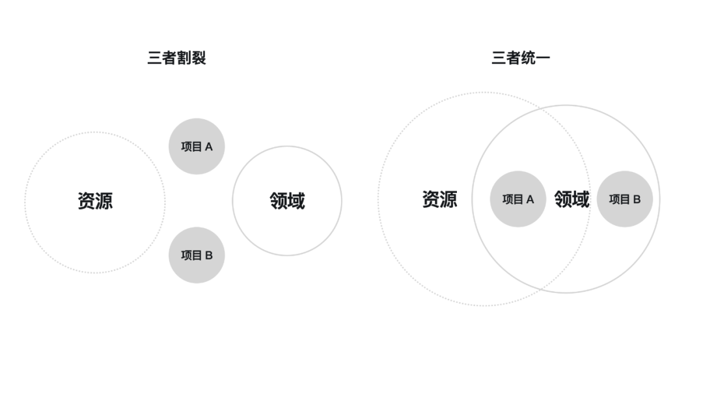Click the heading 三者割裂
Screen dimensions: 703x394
click(x=176, y=58)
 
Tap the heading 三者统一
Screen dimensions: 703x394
click(x=520, y=58)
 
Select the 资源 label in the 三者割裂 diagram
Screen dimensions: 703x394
click(x=95, y=201)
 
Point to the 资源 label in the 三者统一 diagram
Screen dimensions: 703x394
click(x=439, y=199)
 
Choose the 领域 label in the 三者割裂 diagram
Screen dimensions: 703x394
click(x=287, y=201)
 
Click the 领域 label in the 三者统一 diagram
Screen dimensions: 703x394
click(x=572, y=199)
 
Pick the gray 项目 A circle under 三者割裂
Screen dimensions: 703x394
click(x=196, y=147)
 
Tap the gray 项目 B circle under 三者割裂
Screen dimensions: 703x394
click(x=196, y=255)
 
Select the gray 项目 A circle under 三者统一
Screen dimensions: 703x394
click(x=517, y=199)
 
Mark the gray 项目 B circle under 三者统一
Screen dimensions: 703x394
click(x=624, y=199)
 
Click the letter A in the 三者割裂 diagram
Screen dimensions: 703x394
click(x=208, y=147)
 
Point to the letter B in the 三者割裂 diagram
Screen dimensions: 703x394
click(x=208, y=256)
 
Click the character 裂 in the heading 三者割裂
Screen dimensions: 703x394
click(x=199, y=58)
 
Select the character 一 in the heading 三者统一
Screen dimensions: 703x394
click(x=542, y=58)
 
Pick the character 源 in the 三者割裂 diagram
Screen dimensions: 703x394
click(x=104, y=201)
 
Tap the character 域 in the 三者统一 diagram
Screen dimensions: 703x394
click(x=581, y=199)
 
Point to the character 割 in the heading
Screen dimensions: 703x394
click(x=184, y=58)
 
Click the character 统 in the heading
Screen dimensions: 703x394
click(x=527, y=58)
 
